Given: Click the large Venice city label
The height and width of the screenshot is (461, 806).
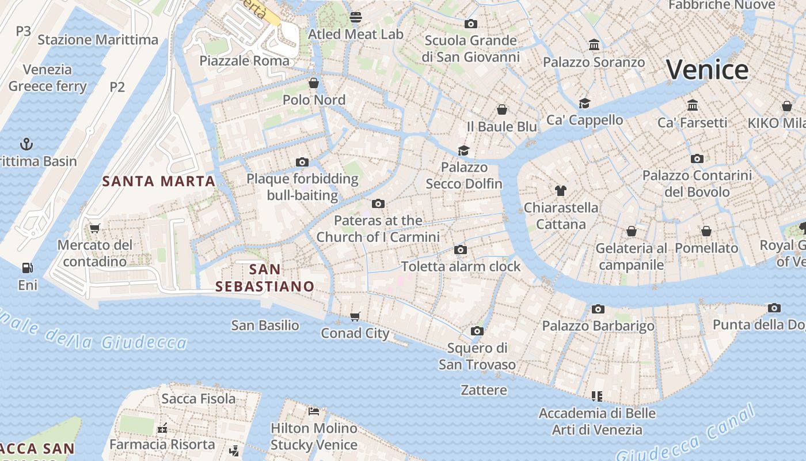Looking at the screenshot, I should point(708,70).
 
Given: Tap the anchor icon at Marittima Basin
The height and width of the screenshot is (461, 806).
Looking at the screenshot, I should point(26,143).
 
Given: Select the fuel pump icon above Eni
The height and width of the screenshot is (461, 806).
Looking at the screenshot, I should point(27,268).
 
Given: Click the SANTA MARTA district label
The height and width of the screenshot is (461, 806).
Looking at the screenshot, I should point(158,182).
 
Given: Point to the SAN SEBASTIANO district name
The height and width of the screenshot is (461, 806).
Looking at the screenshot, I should point(265,278).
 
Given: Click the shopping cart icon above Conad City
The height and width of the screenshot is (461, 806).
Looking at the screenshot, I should point(355,316).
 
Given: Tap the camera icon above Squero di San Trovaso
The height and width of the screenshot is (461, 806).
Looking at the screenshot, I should point(477,331).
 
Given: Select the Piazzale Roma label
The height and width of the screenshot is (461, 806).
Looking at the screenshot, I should point(244,61).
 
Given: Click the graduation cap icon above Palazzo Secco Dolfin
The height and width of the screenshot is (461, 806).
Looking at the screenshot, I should point(463,150).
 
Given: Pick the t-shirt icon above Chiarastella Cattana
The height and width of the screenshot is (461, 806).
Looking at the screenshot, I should point(561,190).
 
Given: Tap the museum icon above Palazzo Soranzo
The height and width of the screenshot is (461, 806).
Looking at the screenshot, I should point(594,45).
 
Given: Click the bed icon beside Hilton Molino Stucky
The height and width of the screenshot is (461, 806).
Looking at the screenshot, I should point(314,411).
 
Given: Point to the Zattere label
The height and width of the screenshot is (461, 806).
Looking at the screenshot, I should point(484,390).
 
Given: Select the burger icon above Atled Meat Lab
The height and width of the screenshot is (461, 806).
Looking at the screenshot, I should point(356,17).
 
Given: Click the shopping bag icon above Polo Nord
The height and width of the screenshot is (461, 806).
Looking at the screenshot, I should point(314,83).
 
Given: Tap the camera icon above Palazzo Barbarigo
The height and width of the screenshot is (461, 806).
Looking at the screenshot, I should point(598,309).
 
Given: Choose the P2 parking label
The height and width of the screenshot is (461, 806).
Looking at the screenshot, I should point(117,87).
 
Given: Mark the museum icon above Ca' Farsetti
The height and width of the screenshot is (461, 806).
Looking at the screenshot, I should point(693,105).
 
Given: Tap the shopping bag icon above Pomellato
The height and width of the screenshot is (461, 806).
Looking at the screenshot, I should point(706,231).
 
